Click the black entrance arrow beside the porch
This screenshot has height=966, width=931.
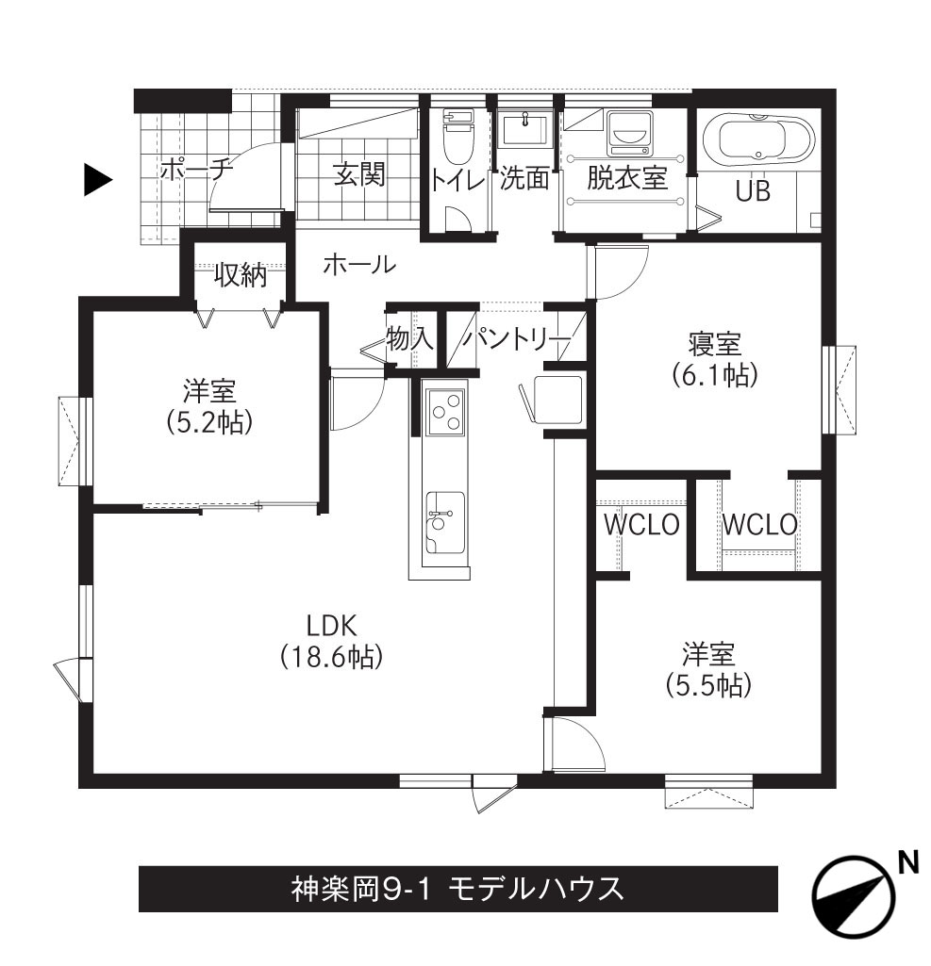(97, 180)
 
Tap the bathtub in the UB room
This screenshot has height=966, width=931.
(759, 140)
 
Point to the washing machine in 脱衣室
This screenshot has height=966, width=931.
(629, 134)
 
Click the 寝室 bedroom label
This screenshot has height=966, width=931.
(715, 343)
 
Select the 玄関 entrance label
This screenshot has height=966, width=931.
(359, 174)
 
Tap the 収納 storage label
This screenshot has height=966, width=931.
(241, 275)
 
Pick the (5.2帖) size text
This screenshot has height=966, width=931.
(209, 422)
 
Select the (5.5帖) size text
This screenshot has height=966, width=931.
(708, 685)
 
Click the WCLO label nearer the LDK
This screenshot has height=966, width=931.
(641, 525)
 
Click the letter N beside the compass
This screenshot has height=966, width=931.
(908, 862)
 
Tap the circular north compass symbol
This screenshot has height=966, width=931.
(854, 897)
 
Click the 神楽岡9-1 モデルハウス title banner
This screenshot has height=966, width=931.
(458, 889)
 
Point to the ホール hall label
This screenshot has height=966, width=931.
(358, 264)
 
